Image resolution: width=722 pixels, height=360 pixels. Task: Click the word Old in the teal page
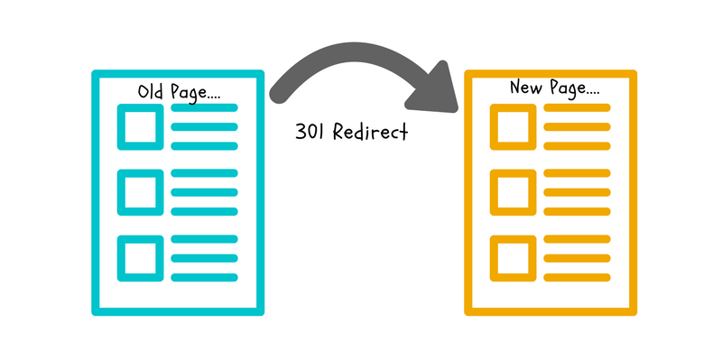coord(151,92)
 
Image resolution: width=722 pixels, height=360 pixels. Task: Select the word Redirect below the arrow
coord(370,132)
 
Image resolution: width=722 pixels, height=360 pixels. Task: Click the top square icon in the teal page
coord(141,127)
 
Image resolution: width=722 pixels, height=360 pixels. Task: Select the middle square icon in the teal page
coord(141,192)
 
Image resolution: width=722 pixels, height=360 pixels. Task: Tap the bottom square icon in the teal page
coord(141,258)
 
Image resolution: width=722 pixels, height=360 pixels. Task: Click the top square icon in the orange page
coord(513,127)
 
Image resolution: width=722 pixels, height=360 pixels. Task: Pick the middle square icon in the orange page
coord(513,192)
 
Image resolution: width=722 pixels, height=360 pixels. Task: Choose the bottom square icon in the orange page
coord(513,258)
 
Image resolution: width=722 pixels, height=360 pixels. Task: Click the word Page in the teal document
coord(188,94)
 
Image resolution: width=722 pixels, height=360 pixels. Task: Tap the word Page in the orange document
coord(565,88)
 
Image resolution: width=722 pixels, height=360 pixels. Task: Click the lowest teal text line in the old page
coord(205,278)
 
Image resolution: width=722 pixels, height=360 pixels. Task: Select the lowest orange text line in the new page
coord(577,278)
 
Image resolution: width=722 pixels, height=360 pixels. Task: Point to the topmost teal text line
coord(205,107)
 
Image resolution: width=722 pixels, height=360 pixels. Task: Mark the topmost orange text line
coord(577,107)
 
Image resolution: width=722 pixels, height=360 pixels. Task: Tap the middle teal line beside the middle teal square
coord(205,192)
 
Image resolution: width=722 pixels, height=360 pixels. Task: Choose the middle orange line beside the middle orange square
coord(577,192)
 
